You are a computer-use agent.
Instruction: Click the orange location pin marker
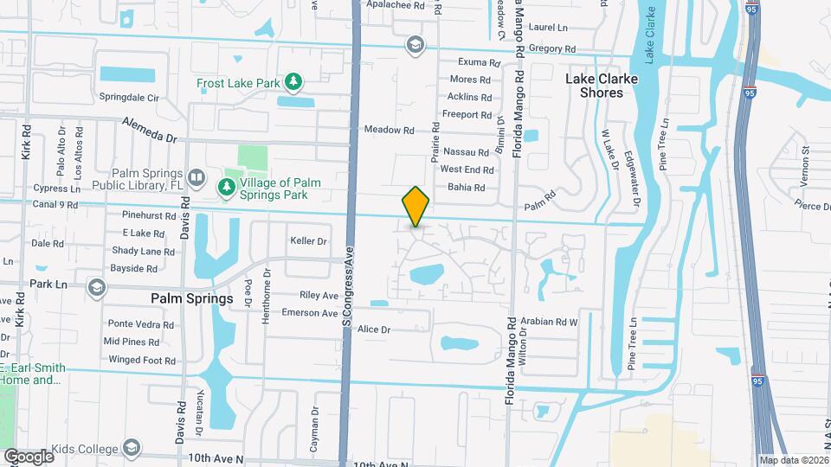[x=415, y=206]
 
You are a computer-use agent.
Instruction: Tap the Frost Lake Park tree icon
[x=294, y=82]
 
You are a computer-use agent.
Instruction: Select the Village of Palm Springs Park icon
[x=227, y=186]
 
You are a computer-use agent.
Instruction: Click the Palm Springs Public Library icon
[x=196, y=179]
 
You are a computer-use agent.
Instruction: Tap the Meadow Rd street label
[x=390, y=130]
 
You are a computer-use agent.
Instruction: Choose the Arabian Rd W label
[x=549, y=322]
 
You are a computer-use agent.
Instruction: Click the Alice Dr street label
[x=374, y=329]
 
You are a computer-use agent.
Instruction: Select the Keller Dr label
[x=309, y=241]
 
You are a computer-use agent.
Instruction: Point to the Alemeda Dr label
[x=149, y=129]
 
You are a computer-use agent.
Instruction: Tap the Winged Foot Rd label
[x=137, y=360]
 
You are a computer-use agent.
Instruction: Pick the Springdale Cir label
[x=130, y=97]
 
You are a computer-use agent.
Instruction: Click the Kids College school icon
[x=132, y=448]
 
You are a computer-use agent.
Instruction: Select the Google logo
[x=29, y=456]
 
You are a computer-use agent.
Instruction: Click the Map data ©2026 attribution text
[x=792, y=460]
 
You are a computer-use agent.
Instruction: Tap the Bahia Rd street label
[x=467, y=187]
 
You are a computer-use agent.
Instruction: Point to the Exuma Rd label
[x=480, y=62]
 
